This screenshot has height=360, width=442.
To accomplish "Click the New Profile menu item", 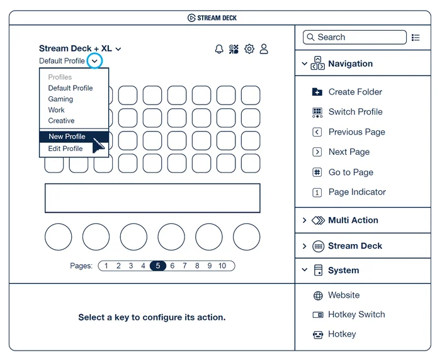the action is [x=67, y=137].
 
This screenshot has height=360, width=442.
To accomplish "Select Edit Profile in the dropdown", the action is [x=65, y=149].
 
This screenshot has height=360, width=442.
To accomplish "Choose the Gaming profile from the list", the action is [x=60, y=99].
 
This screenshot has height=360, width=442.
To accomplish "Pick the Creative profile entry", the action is [x=61, y=121].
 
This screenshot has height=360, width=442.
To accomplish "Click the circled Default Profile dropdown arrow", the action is [x=94, y=61].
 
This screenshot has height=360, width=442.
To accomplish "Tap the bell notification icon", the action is [x=219, y=49].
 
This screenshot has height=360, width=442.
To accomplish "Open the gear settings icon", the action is [x=249, y=49].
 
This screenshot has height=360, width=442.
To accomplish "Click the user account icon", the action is [x=264, y=49].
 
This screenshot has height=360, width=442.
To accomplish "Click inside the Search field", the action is [x=354, y=37].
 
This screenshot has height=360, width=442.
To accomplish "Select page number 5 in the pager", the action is [x=158, y=266].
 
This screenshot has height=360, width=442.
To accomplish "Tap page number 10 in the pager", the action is [x=222, y=266].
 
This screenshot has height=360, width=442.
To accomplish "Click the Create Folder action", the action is [x=348, y=92].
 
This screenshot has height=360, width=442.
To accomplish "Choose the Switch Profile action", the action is [x=348, y=112].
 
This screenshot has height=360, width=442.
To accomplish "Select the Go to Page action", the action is [x=343, y=172].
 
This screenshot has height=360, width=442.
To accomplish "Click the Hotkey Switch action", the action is [x=349, y=314].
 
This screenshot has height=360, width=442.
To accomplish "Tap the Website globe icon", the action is [x=318, y=296].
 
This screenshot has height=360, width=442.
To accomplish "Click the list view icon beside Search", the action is [x=416, y=38].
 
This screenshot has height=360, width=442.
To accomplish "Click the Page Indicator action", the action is [x=349, y=192].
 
